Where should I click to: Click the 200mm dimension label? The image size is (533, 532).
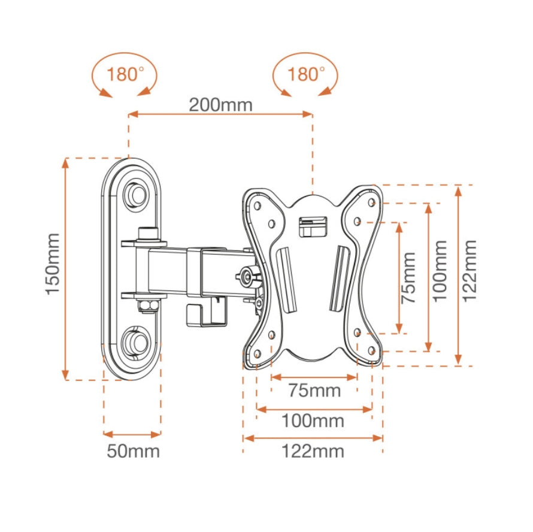pos(221,105)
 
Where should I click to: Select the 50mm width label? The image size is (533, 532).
pos(134,451)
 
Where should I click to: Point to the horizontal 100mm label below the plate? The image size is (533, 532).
pos(313,421)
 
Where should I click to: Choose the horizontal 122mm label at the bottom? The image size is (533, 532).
pos(313,451)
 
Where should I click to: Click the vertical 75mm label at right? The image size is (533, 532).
pos(408,277)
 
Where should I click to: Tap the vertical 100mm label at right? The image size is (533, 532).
pos(440,271)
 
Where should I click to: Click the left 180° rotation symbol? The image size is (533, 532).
pos(125,75)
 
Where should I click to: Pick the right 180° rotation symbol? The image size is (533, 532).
pos(305,75)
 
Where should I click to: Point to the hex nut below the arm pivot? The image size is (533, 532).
pos(146,306)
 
